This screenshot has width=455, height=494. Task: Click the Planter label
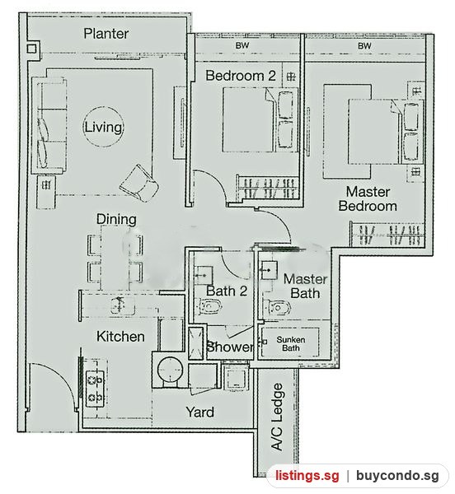pos(106,34)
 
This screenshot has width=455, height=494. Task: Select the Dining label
pos(116,219)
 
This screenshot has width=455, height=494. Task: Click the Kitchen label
pos(120,337)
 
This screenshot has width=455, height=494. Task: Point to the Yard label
pos(200,412)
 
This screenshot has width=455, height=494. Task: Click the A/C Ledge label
pos(277,417)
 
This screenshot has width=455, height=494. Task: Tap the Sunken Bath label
pos(291,343)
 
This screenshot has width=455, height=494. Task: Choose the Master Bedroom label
pos(368,198)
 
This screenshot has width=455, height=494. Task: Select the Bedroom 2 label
pos(241,76)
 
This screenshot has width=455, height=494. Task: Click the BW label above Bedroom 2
pos(242,45)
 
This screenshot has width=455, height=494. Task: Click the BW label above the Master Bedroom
pos(364,46)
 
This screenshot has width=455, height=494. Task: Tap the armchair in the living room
pos(139,184)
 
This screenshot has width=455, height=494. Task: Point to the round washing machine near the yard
pos(170,370)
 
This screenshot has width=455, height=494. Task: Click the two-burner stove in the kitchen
pos(95,389)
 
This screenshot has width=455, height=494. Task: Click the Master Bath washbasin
pos(268,270)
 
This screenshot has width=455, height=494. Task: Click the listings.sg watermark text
pos(307,475)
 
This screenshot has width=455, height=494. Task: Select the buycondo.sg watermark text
pos(397,475)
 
